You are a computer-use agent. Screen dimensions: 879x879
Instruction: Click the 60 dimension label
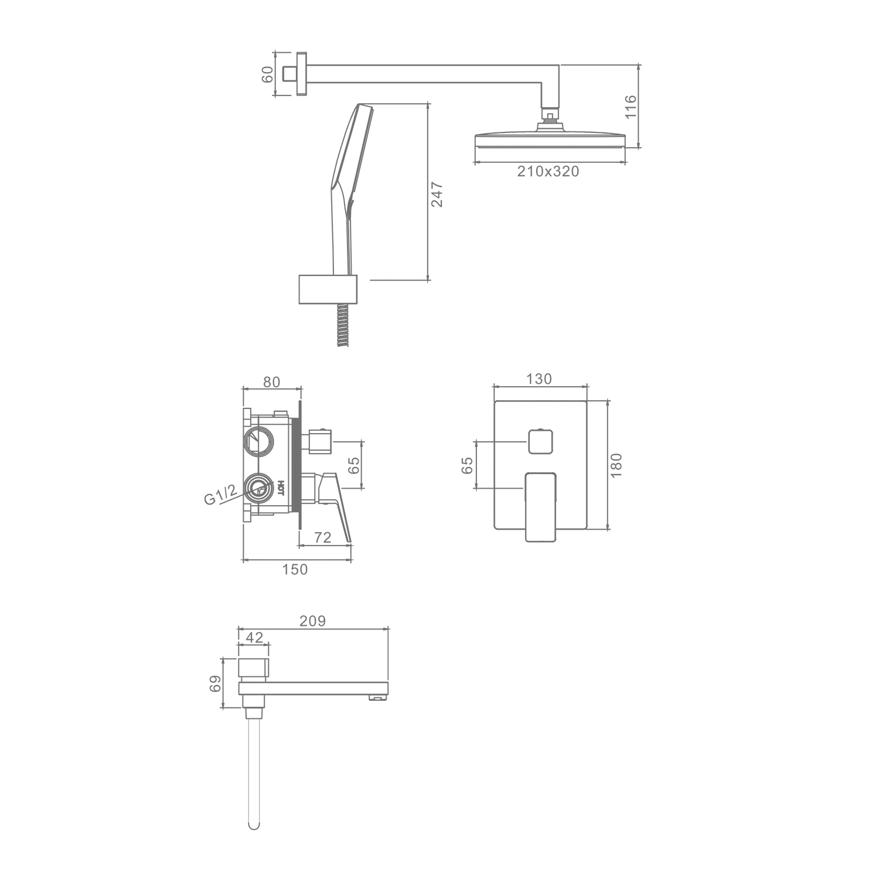tap(267, 74)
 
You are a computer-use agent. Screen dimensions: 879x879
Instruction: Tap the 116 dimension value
tap(631, 107)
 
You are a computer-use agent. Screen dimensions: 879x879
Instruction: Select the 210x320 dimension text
tap(548, 171)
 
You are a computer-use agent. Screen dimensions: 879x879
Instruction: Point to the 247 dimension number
tap(437, 195)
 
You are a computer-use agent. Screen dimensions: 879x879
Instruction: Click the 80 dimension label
tap(271, 382)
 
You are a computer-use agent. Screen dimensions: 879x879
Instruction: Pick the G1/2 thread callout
tap(221, 495)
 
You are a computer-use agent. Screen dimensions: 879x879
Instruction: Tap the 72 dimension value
tap(323, 537)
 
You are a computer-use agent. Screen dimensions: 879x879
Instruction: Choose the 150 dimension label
tap(295, 569)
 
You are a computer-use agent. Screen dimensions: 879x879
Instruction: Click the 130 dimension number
tap(539, 379)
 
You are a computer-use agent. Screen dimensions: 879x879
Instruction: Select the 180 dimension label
tap(616, 465)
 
